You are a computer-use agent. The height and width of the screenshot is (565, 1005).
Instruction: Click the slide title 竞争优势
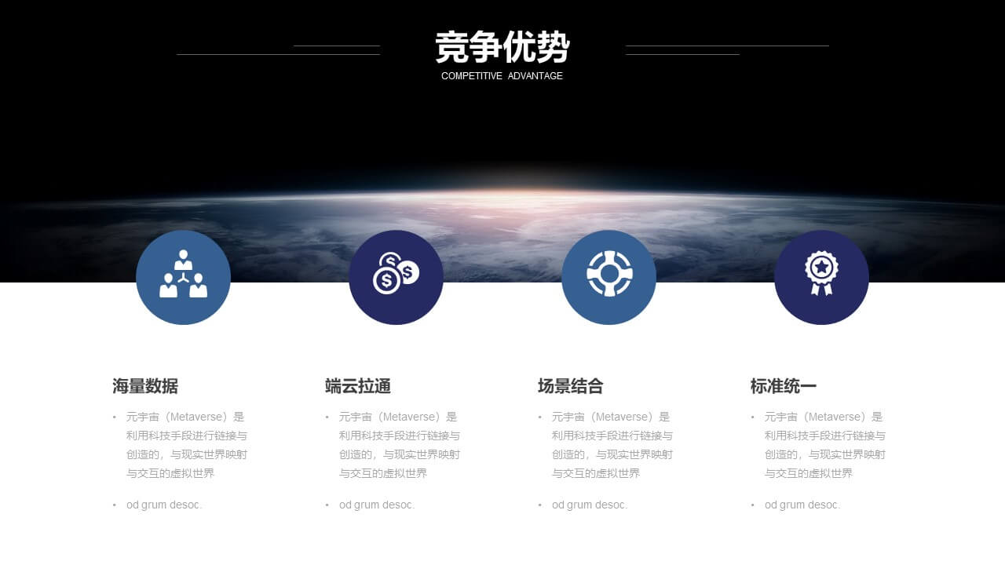pos(502,47)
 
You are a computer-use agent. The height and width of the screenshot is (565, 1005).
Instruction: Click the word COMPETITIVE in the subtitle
pos(472,76)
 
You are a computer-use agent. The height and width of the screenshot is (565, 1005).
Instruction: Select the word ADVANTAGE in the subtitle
pos(535,76)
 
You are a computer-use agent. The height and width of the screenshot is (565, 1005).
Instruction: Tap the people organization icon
pos(183,274)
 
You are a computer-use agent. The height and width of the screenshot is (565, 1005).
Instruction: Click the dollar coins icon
pos(396,273)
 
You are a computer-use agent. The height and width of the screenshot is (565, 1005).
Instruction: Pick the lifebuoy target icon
pos(609,274)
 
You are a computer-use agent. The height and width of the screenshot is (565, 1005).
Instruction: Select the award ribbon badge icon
pos(821,272)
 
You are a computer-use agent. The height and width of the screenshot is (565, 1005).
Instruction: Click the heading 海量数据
pos(145,386)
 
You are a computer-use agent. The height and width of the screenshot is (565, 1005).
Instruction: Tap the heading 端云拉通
pos(358,386)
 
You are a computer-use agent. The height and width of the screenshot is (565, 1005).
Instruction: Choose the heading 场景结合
pos(571,386)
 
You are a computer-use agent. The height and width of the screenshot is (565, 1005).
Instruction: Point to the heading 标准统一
pos(784,386)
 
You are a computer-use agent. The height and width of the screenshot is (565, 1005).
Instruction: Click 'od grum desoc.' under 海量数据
pos(164,505)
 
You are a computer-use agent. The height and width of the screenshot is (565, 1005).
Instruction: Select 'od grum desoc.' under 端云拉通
pos(377,505)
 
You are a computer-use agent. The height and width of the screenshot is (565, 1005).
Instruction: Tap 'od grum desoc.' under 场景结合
pos(590,505)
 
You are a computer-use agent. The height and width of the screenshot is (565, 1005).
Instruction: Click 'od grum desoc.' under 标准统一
pos(802,505)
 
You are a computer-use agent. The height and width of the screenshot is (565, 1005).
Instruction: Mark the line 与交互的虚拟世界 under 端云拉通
pos(383,473)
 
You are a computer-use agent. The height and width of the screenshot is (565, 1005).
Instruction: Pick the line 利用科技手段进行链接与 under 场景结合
pos(612,436)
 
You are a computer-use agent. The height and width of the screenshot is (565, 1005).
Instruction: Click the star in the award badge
pos(821,268)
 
